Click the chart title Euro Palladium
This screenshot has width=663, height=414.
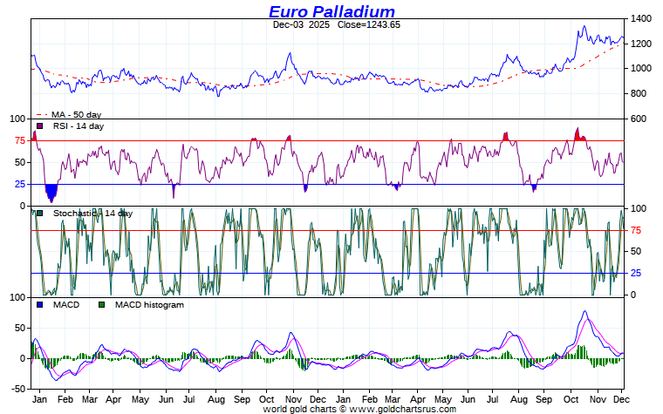[331, 11]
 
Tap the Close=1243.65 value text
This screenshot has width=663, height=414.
[369, 25]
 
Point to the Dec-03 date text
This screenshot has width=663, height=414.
[288, 25]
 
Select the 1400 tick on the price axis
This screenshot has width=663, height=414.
[641, 18]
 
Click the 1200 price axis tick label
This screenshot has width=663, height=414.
[641, 44]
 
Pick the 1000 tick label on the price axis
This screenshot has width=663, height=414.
[641, 69]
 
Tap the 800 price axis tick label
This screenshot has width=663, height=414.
[638, 94]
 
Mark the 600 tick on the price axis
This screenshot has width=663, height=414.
[638, 119]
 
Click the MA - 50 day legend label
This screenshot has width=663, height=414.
[76, 115]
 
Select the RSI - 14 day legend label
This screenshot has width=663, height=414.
[79, 126]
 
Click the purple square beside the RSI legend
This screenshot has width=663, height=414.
[39, 126]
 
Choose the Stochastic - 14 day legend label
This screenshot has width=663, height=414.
[92, 214]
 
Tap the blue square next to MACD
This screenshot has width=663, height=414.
[39, 305]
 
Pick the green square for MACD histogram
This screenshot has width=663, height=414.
[101, 305]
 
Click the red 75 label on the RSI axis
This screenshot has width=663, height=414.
[19, 140]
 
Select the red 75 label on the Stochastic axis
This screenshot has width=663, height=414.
[637, 231]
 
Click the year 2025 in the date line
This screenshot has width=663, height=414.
[319, 25]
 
